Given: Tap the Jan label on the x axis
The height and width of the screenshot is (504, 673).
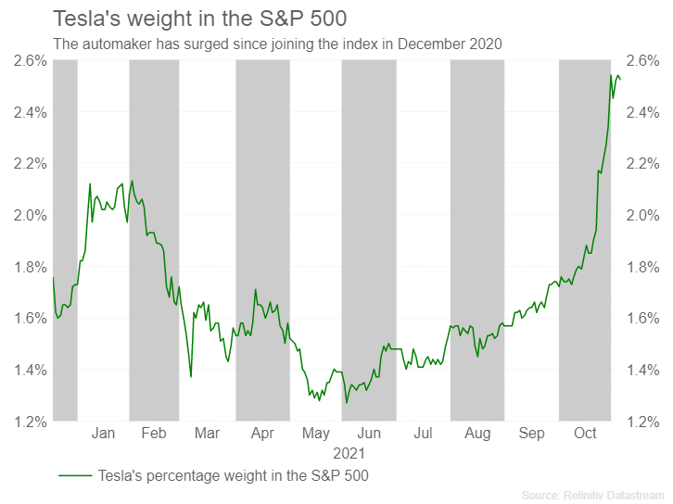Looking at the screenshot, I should click(x=103, y=433).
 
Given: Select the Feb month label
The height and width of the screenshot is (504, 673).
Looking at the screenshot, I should click(x=154, y=433).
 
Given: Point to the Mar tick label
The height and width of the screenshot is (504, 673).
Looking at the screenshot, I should click(x=207, y=433).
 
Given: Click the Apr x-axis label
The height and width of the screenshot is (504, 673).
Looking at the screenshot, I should click(x=262, y=433).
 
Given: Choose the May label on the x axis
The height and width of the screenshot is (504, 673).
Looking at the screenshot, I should click(x=315, y=433).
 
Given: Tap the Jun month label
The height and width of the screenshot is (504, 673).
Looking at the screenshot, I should click(x=369, y=433).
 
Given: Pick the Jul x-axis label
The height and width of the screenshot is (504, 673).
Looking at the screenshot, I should click(x=423, y=433).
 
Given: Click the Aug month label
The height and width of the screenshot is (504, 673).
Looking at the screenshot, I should click(x=477, y=433).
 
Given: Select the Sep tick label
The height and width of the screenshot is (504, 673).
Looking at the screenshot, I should click(x=532, y=433).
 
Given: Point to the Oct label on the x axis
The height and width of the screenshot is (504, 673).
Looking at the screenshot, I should click(x=585, y=433).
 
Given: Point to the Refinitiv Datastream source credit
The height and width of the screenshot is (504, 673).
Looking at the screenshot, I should click(x=592, y=495).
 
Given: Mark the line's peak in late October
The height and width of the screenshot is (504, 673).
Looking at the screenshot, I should click(x=611, y=75).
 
